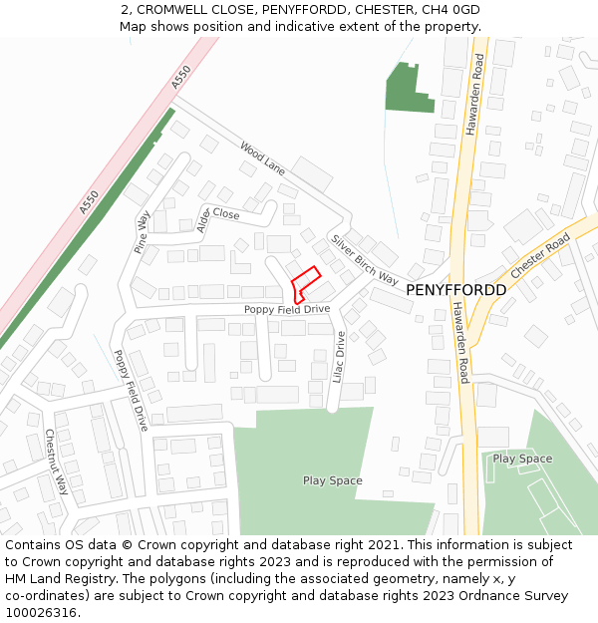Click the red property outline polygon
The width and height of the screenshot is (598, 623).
[305, 284]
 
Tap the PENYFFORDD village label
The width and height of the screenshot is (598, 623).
[455, 290]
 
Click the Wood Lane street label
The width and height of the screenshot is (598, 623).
[262, 159]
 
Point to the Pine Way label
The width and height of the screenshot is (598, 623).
[143, 231]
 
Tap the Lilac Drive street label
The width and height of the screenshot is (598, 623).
[339, 357]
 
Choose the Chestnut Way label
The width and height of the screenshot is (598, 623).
[56, 462]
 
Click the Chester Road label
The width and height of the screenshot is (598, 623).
[539, 257]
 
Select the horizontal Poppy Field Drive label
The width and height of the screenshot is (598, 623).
[287, 310]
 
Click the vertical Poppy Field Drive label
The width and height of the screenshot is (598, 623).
[130, 390]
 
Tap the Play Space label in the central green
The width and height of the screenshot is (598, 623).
[333, 480]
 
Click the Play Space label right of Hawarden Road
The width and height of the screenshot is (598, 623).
[522, 459]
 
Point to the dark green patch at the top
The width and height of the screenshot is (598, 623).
[403, 88]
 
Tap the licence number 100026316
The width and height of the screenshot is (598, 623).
[40, 612]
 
